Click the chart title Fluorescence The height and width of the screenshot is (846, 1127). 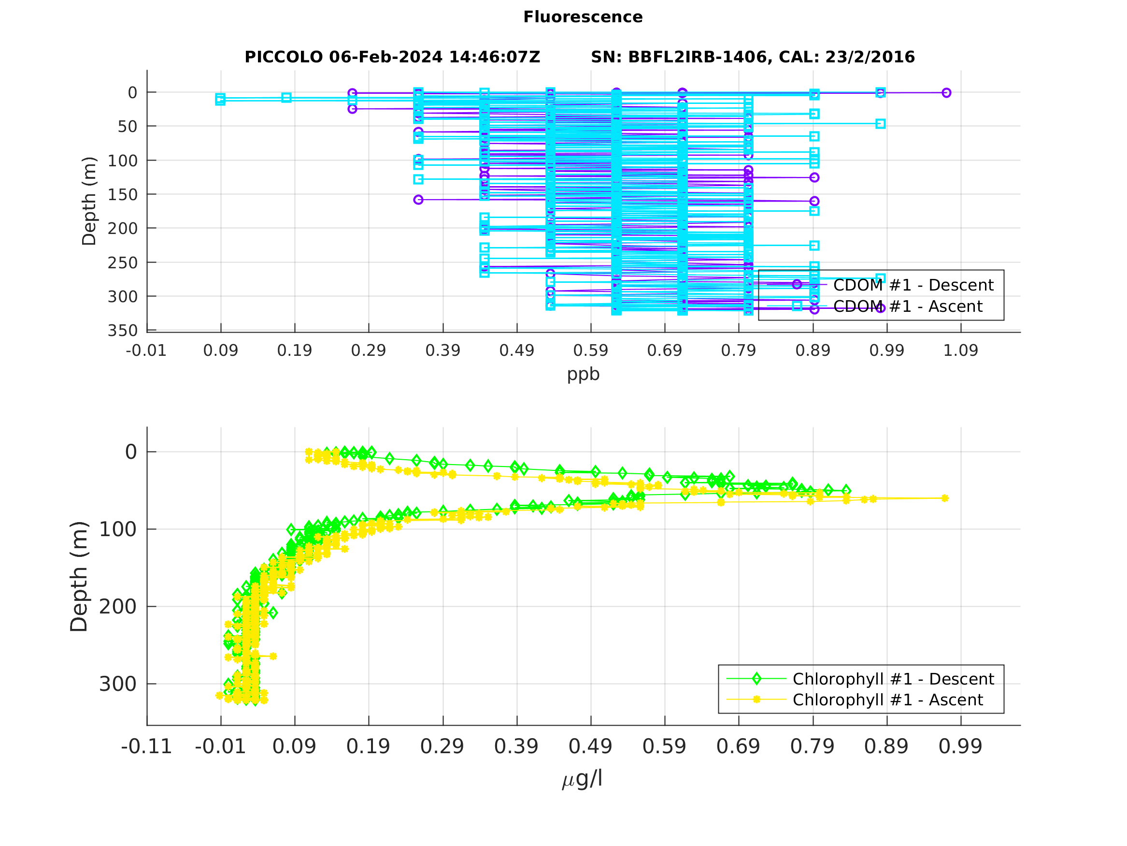tap(583, 17)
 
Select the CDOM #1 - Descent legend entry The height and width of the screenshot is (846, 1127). tap(913, 285)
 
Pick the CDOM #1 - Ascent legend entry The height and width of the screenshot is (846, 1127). tap(907, 306)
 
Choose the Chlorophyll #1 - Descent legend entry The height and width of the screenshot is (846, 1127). tap(893, 679)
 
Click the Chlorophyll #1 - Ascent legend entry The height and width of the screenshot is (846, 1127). tap(887, 700)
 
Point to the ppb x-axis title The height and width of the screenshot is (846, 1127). tap(583, 374)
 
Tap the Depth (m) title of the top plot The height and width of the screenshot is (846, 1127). tap(89, 201)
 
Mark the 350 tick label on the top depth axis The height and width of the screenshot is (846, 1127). tap(122, 331)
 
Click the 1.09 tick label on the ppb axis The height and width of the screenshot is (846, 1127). tap(960, 351)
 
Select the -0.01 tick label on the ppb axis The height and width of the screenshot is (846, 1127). tap(146, 351)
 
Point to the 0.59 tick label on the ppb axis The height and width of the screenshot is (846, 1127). tap(590, 351)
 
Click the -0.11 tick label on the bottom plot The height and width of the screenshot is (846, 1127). tap(146, 746)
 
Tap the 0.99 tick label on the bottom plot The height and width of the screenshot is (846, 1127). tap(960, 746)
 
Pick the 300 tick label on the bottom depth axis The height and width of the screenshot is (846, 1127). tap(118, 685)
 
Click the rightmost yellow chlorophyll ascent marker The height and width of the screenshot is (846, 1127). tap(944, 498)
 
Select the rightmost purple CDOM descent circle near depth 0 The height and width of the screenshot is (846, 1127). tap(946, 93)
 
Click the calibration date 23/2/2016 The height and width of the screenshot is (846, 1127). tap(870, 57)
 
